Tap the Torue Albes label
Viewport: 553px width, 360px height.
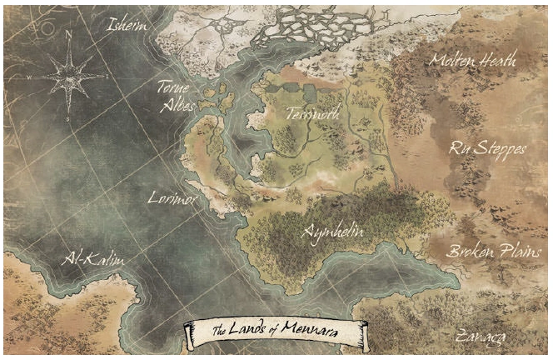click(177, 95)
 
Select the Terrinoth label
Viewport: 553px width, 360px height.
click(311, 115)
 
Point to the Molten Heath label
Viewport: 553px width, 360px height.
click(472, 60)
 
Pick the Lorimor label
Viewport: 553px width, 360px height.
click(172, 198)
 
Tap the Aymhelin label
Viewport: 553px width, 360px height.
click(333, 231)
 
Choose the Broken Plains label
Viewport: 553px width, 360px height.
click(490, 251)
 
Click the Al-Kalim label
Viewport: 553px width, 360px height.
click(94, 262)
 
